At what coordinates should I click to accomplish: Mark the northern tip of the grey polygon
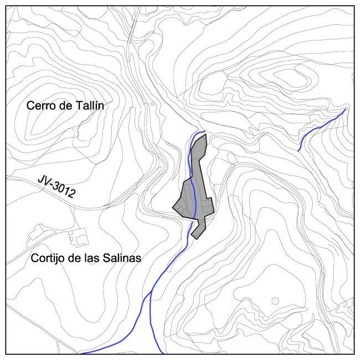click(205, 134)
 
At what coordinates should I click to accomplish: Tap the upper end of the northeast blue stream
click(346, 109)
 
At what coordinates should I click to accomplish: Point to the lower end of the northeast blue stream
click(299, 150)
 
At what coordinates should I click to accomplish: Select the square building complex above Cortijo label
click(78, 238)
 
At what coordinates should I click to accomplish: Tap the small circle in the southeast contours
click(275, 301)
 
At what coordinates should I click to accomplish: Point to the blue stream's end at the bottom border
click(81, 353)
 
